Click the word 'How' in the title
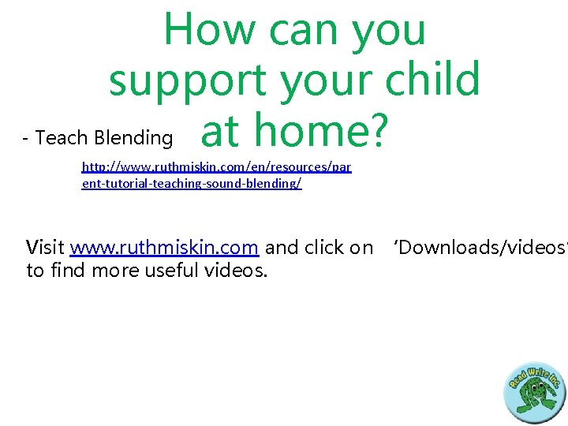210,29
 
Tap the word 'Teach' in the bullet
62,138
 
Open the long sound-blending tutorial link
216,175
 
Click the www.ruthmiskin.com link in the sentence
164,248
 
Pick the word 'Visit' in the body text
46,248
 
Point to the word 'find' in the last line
68,271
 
